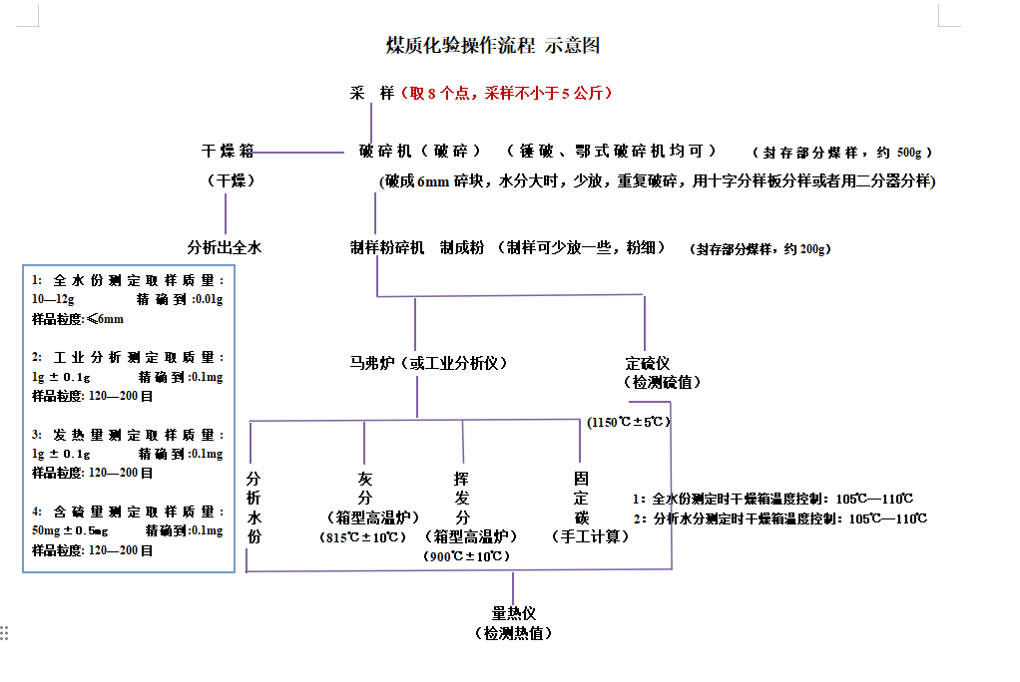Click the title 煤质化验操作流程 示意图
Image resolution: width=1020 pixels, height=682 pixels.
(x=492, y=45)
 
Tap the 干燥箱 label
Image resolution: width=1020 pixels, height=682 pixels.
(x=228, y=152)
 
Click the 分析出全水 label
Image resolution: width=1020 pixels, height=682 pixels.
(x=225, y=247)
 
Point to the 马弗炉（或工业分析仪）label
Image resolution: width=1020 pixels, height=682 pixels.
(x=422, y=363)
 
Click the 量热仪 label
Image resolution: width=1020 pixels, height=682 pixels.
(x=514, y=613)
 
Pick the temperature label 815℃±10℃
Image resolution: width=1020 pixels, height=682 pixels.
(x=364, y=537)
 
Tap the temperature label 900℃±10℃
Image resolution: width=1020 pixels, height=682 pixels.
(x=462, y=555)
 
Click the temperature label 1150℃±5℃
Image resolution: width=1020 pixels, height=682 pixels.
(x=629, y=422)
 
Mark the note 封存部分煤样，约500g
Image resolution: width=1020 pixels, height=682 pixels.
(x=841, y=153)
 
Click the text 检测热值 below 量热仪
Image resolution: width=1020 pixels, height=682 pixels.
(x=514, y=633)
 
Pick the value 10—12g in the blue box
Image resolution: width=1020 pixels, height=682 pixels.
(x=53, y=299)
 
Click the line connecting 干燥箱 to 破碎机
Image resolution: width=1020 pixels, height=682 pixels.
(x=299, y=153)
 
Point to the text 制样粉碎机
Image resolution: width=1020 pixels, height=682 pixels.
(x=387, y=247)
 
